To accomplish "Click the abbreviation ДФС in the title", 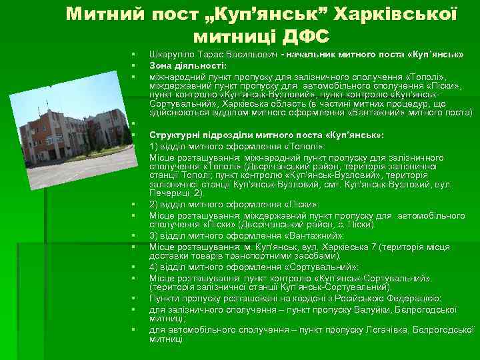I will point(301,35).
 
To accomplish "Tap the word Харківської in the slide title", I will point(397,13).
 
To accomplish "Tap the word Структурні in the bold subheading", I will point(175,134).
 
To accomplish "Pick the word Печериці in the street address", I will point(169,193).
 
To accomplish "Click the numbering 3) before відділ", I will point(154,235).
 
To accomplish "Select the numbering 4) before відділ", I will point(154,267).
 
